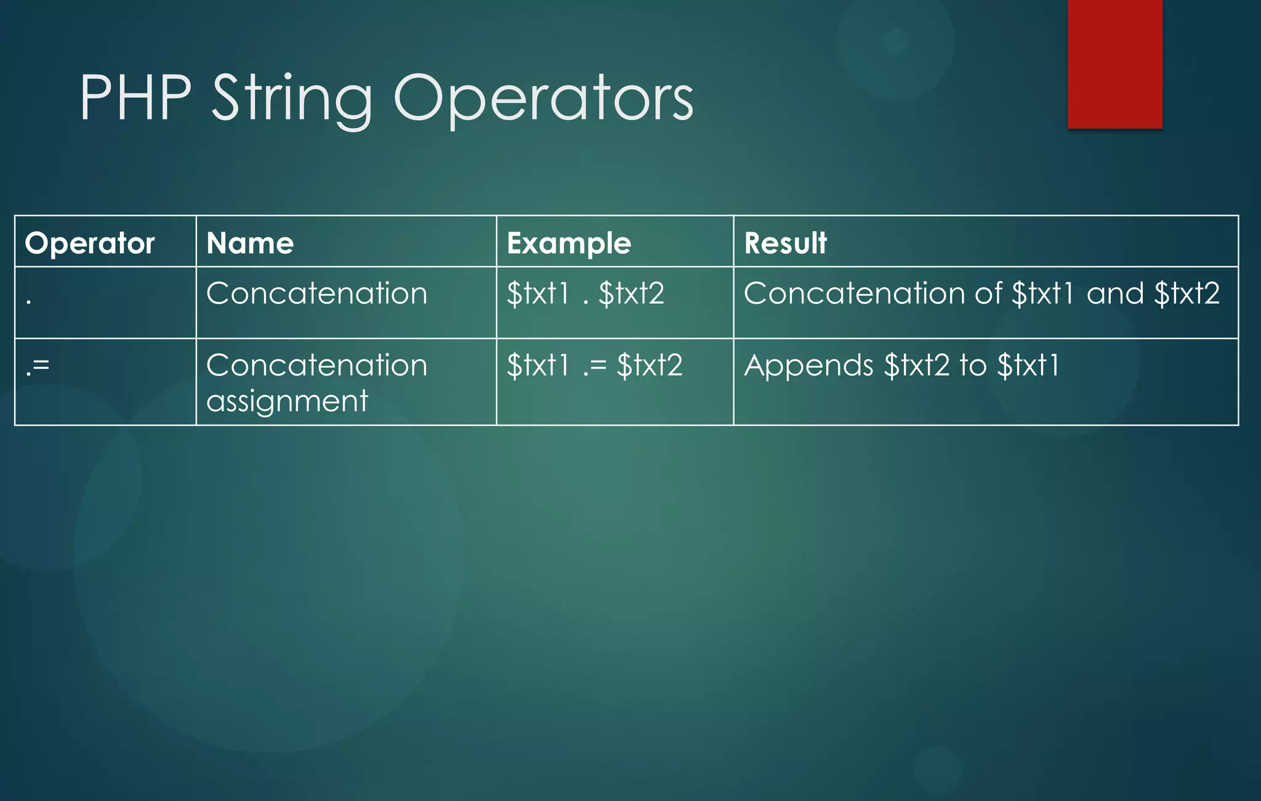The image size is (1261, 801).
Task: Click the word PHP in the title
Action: (135, 99)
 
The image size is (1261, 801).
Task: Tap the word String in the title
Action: (292, 99)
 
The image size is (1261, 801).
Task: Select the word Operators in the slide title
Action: (543, 99)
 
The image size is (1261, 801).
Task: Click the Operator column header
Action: (90, 243)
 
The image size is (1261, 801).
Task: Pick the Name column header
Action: (250, 243)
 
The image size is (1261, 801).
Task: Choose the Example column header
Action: (569, 243)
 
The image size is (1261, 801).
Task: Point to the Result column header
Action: (785, 243)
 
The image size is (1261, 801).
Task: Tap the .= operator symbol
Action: (38, 366)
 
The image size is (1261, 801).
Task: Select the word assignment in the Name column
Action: (287, 401)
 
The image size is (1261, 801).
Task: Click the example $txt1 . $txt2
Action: (585, 293)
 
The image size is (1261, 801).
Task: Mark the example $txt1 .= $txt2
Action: (594, 365)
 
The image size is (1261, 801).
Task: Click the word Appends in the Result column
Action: (808, 365)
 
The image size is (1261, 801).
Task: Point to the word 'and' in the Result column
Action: (1114, 293)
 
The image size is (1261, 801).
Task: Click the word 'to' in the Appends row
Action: (973, 365)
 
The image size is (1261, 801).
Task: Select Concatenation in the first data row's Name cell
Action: (316, 293)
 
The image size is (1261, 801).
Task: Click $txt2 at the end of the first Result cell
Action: (1186, 293)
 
